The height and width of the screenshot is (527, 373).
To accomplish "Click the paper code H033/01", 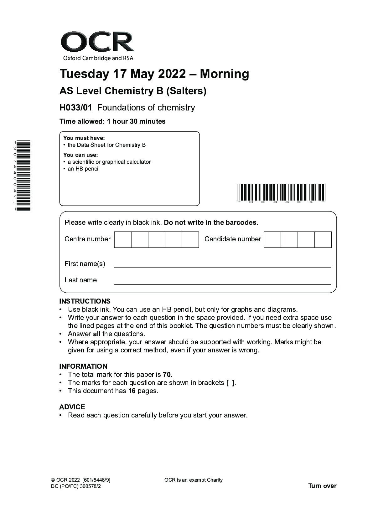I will point(76,108).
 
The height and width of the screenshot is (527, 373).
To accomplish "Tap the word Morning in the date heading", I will point(224,74).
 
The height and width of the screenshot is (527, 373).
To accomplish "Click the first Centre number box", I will point(123,239).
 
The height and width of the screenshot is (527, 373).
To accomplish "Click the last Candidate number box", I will point(323,239).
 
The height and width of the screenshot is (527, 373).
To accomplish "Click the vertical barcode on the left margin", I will point(24,175).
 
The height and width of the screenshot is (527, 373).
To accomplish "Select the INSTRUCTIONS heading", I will point(85,301).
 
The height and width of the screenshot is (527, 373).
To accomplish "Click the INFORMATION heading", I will point(83,366).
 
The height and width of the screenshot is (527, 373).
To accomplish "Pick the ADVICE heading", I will point(72,407).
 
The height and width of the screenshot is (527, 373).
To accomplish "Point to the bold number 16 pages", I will point(132,391).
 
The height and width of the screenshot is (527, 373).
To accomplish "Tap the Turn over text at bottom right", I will point(322,486).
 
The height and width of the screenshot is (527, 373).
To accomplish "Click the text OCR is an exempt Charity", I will point(193,480).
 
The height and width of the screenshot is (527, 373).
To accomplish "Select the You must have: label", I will point(84,138).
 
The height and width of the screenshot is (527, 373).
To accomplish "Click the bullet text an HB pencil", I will point(84,169).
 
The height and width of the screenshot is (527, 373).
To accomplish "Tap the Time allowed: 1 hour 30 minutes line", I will point(112,121).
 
